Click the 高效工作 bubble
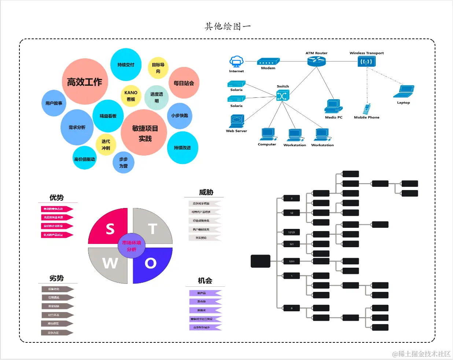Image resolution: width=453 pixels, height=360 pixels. pos(85,82)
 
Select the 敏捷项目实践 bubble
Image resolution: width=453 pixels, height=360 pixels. pos(144,133)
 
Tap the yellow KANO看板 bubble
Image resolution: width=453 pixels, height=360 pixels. pos(131,96)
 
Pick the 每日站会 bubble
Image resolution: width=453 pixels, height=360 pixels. pos(184,83)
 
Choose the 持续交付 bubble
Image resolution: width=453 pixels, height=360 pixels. pos(126,65)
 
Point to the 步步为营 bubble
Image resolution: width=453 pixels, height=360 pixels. pos(124,163)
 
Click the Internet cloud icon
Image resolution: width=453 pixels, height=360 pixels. pos(236,62)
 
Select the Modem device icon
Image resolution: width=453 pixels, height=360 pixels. pos(268,62)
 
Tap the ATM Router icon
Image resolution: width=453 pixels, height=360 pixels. pos(316,61)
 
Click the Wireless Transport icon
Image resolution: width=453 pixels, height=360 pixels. pos(367,61)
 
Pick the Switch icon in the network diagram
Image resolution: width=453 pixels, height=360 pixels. pos(283,95)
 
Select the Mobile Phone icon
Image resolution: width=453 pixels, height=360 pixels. pos(367,109)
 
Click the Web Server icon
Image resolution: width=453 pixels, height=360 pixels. pos(237,121)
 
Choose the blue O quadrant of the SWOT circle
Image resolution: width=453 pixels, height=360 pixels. pos(152,264)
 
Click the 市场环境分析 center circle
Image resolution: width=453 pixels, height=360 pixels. pos(131,246)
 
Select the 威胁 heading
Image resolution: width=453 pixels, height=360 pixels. pos(206,192)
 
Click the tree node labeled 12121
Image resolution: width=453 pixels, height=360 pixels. pos(292,232)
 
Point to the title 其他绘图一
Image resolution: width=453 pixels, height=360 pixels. pos(228,26)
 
